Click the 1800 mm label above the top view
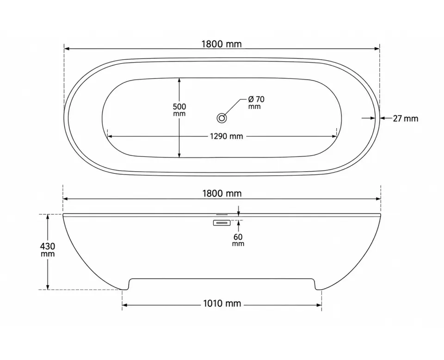(222, 44)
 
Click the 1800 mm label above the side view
(222, 193)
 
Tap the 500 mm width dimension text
(179, 110)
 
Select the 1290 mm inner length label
(226, 136)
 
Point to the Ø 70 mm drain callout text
(256, 103)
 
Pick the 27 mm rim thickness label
(405, 118)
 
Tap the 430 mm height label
(48, 249)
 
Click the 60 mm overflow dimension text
(238, 240)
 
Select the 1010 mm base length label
(222, 304)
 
